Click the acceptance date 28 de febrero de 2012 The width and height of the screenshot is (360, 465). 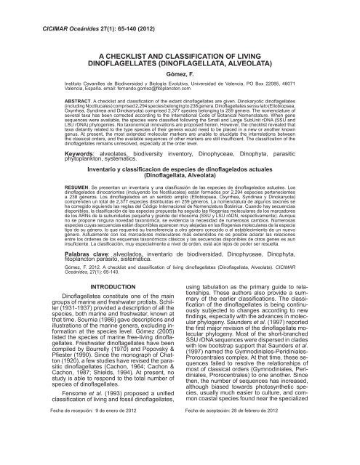point(271,450)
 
